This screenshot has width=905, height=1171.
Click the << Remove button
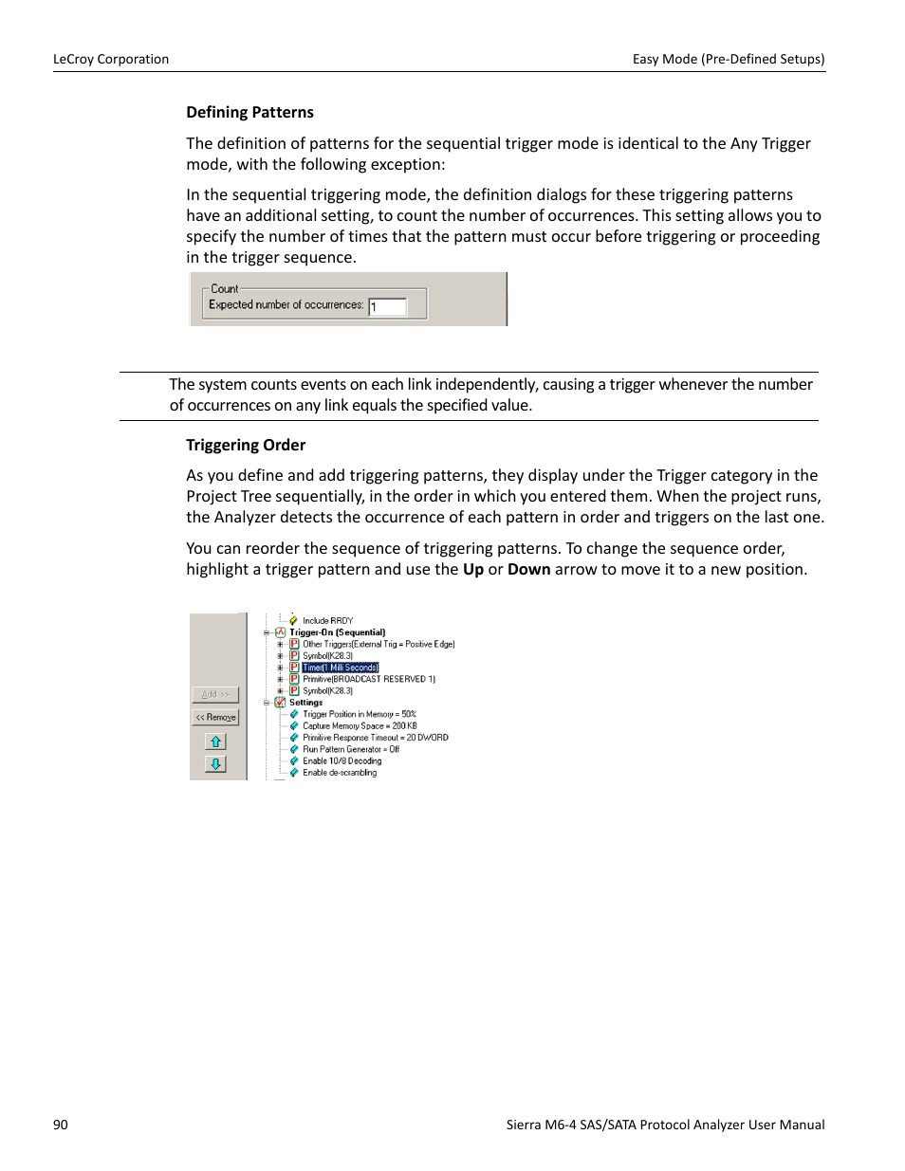click(215, 718)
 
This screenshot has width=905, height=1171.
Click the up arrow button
click(215, 742)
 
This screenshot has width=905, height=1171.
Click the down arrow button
click(215, 764)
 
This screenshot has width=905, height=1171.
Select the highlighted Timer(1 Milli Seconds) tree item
click(341, 668)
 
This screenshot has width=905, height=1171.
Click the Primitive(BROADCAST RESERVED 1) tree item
click(368, 679)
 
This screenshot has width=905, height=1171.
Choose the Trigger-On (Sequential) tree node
click(337, 632)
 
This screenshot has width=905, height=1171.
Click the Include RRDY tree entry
click(327, 621)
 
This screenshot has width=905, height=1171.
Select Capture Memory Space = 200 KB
click(360, 726)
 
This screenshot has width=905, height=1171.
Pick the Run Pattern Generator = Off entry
click(351, 749)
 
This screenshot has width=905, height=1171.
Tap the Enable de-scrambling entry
click(340, 773)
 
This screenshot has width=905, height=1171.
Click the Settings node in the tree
click(305, 703)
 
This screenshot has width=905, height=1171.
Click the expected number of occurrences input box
click(387, 306)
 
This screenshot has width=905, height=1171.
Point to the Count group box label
click(225, 289)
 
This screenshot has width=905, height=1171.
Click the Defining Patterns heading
click(249, 112)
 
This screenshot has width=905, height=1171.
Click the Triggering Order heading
click(246, 445)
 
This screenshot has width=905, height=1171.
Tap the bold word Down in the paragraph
click(528, 569)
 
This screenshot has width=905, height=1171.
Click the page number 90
click(61, 1125)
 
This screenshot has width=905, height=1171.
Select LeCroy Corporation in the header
click(111, 59)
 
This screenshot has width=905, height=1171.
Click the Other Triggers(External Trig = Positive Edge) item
click(379, 644)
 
